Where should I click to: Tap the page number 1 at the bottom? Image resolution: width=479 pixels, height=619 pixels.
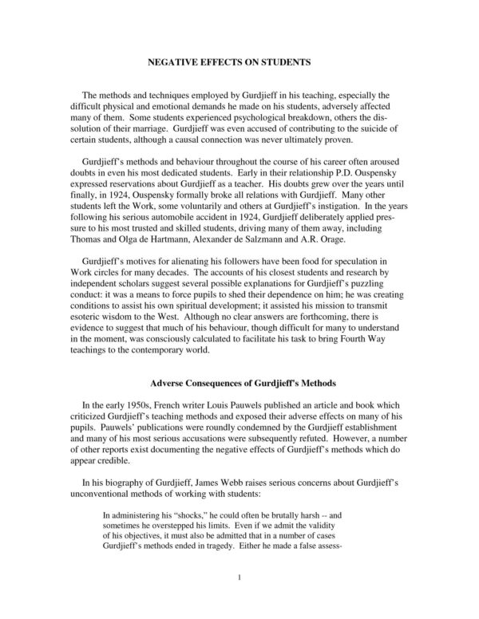pos(239,600)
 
